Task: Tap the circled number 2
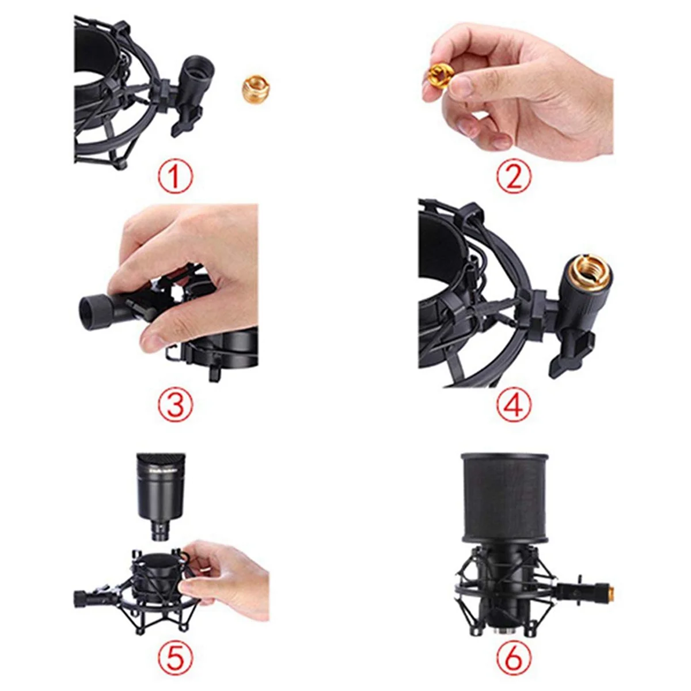pos(512,177)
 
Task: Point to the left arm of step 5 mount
pos(92,596)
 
